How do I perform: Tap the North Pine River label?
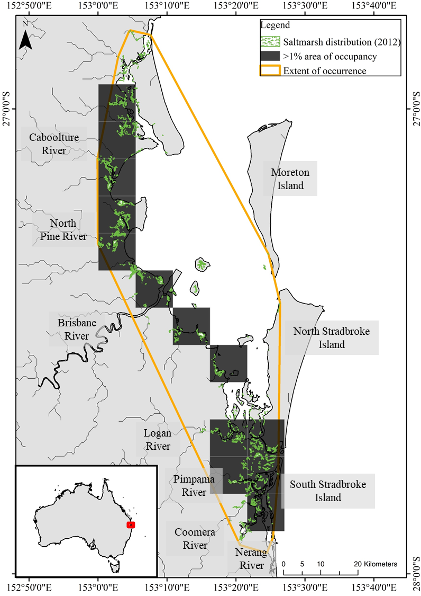click(63, 230)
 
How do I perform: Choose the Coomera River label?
click(191, 539)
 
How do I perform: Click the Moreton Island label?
click(290, 179)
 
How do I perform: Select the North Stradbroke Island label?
click(332, 338)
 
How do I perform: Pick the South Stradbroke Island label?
click(328, 491)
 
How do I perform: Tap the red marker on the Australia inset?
click(131, 524)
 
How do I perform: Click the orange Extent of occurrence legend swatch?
click(270, 70)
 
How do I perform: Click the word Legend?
click(274, 25)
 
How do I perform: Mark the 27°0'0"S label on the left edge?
click(9, 109)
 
